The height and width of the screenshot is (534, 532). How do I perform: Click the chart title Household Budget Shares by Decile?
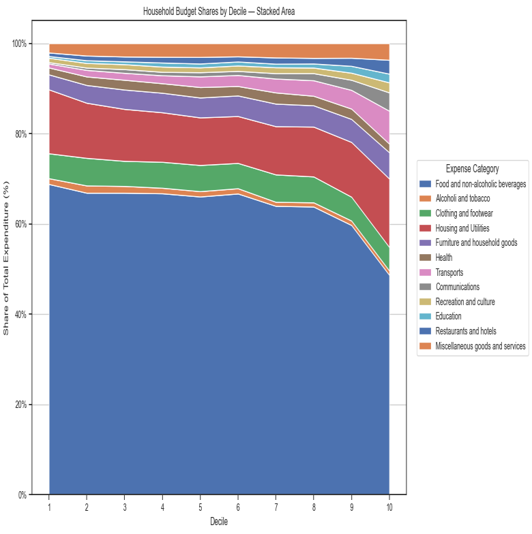pos(219,12)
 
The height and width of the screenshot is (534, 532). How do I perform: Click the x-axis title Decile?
pos(219,522)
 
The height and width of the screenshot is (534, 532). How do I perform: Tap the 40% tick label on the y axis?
pos(20,315)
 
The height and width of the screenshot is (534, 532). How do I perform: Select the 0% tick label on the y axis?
pos(22,495)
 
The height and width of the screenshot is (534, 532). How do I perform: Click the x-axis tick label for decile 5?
pos(200,508)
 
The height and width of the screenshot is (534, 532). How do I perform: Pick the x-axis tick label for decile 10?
pos(389,508)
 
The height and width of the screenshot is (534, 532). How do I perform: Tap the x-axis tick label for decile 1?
pos(49,508)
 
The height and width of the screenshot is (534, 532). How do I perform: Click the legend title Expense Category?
pos(472,169)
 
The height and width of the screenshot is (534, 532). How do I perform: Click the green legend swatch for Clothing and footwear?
pos(426,213)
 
